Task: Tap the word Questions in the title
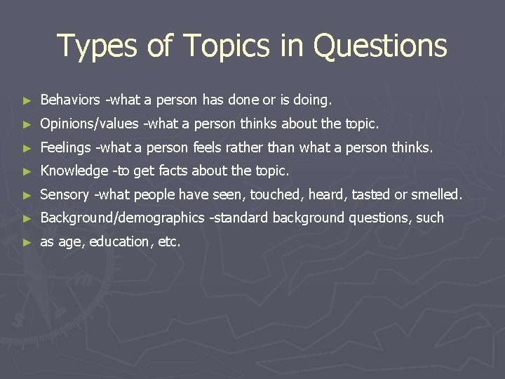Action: point(380,46)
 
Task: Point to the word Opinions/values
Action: point(90,124)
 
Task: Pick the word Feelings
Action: point(66,147)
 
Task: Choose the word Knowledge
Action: point(74,171)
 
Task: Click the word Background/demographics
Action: point(123,218)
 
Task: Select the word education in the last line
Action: point(119,241)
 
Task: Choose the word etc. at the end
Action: point(168,241)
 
